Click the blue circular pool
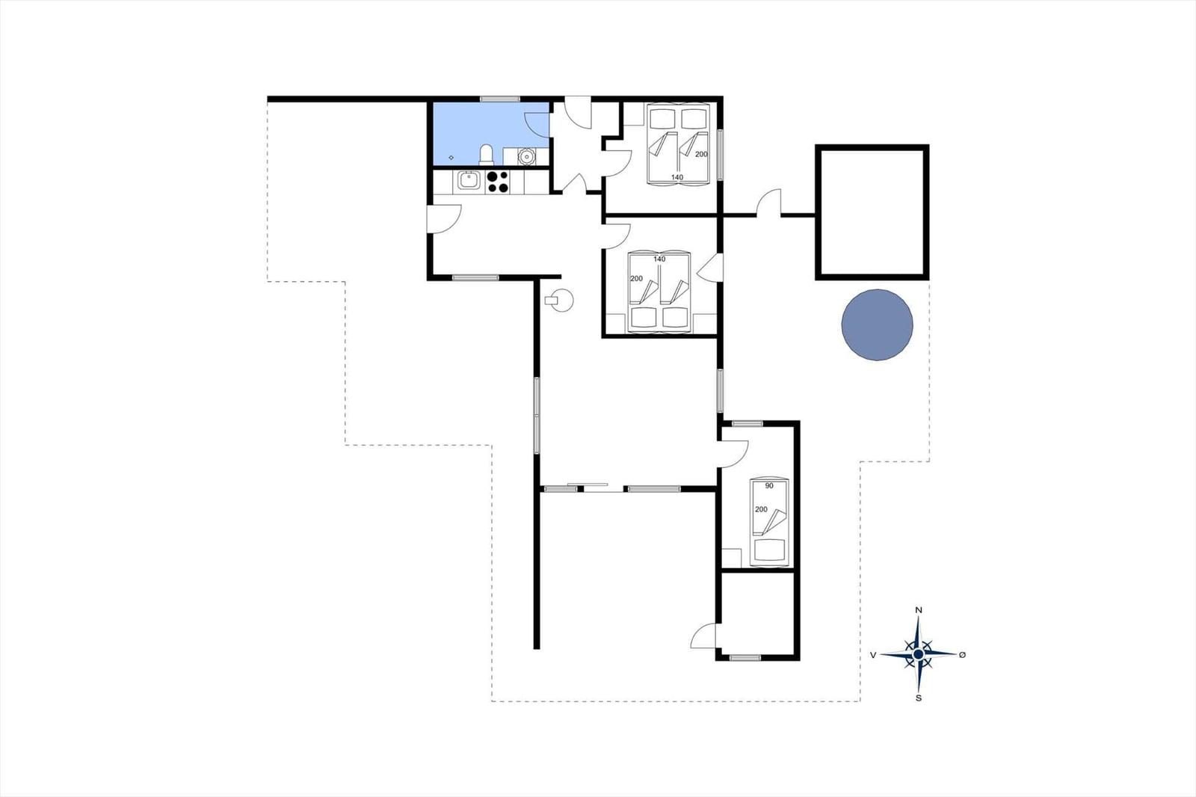(x=877, y=324)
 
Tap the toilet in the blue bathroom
(x=487, y=154)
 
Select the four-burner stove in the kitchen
(x=498, y=182)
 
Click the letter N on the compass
(x=919, y=610)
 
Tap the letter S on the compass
(x=919, y=698)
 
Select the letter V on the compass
(x=873, y=655)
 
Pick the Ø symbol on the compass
(x=963, y=655)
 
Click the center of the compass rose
(x=919, y=654)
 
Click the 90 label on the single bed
(x=769, y=485)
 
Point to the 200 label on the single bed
(x=761, y=509)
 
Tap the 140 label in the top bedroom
(x=677, y=177)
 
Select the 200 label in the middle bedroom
(x=636, y=278)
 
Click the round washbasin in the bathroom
(x=526, y=156)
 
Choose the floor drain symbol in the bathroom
(x=451, y=158)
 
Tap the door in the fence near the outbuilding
(x=769, y=203)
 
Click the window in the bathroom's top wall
(x=500, y=99)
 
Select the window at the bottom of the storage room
(x=745, y=658)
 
